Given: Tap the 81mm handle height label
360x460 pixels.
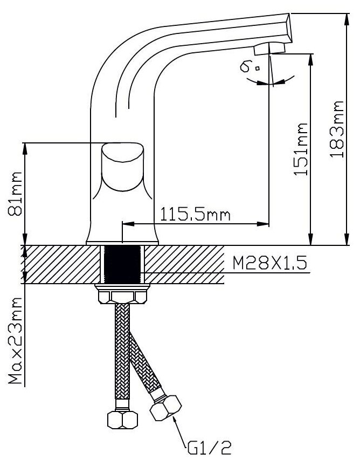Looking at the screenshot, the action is (16, 194).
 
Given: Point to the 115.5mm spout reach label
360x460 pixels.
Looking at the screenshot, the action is (195, 215).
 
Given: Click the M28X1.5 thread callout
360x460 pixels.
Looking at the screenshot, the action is (269, 263).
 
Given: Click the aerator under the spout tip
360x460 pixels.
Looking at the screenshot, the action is (269, 49).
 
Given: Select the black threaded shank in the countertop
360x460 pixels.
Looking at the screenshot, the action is (123, 264).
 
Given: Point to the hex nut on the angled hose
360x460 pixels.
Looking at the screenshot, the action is (165, 408).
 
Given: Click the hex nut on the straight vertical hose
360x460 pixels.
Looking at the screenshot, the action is (123, 418).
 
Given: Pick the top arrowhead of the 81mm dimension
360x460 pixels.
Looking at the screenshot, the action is (23, 147).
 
